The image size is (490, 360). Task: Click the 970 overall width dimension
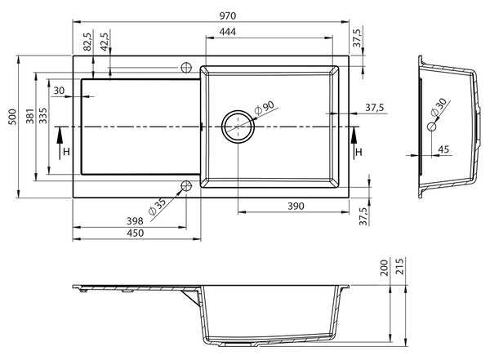pos(228,16)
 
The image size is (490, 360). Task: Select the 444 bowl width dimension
pos(228,32)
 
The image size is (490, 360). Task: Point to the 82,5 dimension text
pos(88,42)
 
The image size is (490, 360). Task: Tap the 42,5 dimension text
pos(105,42)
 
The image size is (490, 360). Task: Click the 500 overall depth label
pos(12,117)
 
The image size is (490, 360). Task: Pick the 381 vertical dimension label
pos(30,116)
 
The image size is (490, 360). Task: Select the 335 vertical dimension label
pos(42,116)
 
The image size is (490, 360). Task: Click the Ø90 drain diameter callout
pos(264,108)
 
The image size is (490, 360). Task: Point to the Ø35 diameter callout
pos(157,207)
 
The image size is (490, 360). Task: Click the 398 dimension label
pos(135,221)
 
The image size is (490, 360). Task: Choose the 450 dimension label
pos(136,233)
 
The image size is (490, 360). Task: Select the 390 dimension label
pos(296,207)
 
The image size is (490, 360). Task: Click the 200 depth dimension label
pos(385,268)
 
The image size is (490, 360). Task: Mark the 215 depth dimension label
pos(399,266)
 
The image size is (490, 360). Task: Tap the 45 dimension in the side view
pos(443,149)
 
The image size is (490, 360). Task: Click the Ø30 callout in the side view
pos(439,107)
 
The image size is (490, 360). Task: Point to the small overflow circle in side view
pos(431,127)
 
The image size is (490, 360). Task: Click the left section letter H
pos(66,152)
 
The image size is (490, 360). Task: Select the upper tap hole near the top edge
pos(186,68)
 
